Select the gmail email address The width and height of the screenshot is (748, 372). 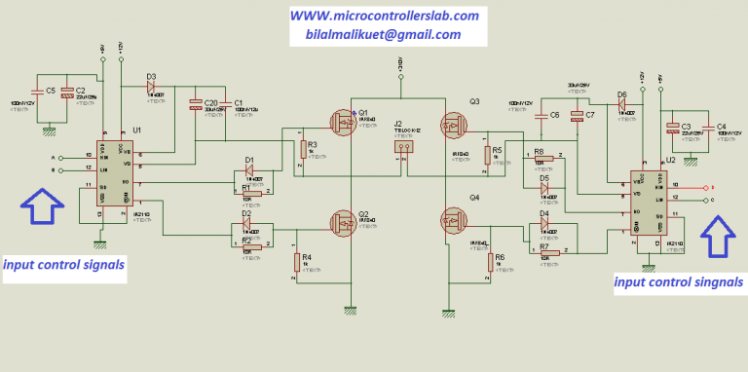375,34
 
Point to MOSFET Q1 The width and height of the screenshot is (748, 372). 343,123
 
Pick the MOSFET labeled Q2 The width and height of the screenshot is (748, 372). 343,222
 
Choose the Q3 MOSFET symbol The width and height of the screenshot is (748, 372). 453,124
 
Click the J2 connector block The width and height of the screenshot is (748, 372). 402,147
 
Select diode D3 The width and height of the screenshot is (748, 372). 151,87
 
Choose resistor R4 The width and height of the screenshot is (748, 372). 295,262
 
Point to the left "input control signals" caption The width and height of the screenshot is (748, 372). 64,264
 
